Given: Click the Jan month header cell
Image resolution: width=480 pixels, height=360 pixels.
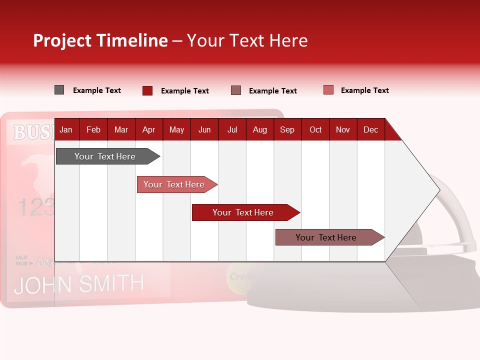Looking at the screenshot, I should (x=66, y=129).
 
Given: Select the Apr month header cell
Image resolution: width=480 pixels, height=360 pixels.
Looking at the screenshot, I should (x=149, y=129).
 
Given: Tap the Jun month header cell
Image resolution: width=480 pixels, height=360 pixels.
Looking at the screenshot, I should (x=204, y=129).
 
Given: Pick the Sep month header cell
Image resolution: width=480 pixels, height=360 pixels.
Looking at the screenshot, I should (x=287, y=129).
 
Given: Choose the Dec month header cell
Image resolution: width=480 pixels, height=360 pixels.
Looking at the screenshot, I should (x=370, y=129).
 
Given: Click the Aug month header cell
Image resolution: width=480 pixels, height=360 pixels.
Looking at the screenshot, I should (x=260, y=129).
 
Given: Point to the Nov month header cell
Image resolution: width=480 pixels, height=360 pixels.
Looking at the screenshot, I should (x=343, y=129).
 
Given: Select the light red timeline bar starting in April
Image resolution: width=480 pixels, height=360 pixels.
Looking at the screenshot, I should (x=175, y=184).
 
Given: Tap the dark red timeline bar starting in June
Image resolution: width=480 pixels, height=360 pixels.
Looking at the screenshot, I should (x=244, y=212).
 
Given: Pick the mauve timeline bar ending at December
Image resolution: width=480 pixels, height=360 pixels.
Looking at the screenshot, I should (x=327, y=237).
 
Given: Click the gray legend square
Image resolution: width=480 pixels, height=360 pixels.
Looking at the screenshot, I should (x=59, y=90).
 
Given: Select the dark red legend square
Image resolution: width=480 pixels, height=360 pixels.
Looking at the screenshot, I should (x=147, y=90).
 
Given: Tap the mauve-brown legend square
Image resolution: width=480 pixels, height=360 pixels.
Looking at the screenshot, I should (x=236, y=90).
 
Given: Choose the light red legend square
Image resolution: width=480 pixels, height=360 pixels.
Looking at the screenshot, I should (x=328, y=90).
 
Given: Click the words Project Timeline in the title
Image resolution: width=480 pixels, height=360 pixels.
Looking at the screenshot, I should (x=100, y=40).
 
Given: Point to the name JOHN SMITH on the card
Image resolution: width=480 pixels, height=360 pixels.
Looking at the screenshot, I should (x=79, y=284).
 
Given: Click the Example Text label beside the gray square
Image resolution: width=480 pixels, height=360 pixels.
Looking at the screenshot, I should (x=97, y=90).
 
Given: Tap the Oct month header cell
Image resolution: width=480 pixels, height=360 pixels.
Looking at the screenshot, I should (x=315, y=129).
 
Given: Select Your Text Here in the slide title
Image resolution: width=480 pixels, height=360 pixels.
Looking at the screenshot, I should (x=247, y=40).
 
